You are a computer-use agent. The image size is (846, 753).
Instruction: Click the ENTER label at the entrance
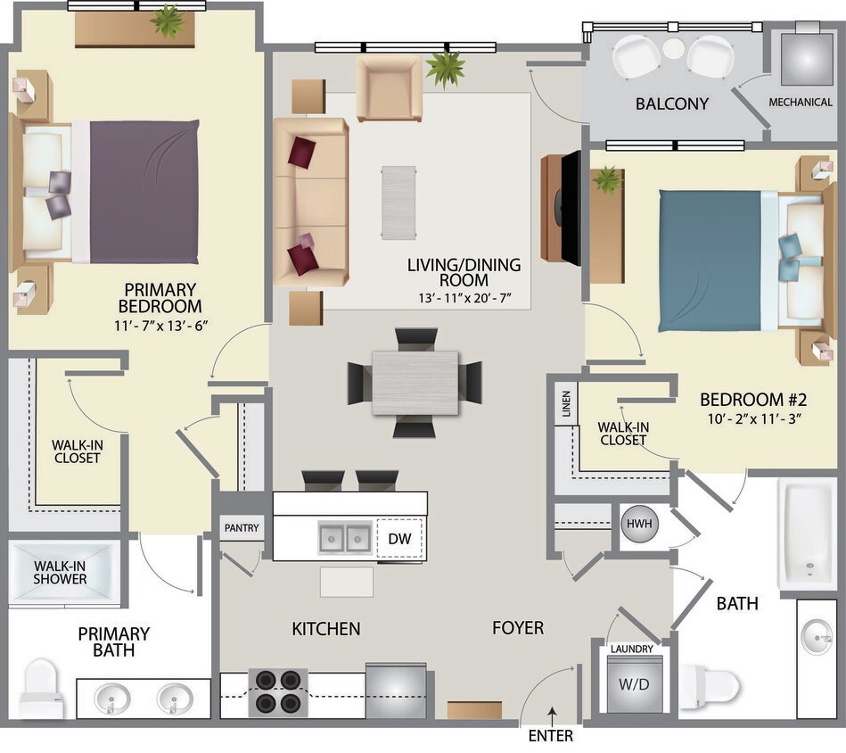click(x=550, y=736)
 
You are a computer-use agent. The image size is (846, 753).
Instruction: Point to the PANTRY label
click(x=242, y=528)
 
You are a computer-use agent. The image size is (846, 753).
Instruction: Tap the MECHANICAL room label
click(x=800, y=103)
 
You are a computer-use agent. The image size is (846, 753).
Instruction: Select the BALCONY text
click(x=671, y=103)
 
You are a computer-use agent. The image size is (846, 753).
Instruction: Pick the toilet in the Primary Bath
click(x=41, y=689)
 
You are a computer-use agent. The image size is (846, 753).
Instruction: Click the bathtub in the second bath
click(x=807, y=534)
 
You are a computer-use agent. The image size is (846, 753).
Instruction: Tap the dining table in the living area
click(x=415, y=383)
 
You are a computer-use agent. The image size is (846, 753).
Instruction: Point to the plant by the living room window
click(x=445, y=68)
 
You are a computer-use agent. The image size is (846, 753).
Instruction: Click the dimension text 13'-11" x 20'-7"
click(x=464, y=297)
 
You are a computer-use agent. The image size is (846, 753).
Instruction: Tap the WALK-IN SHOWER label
click(x=61, y=572)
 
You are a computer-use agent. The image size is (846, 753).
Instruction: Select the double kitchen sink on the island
click(x=345, y=538)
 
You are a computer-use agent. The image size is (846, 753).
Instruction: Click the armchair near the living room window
click(x=389, y=88)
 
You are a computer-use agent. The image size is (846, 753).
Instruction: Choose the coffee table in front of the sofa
click(x=398, y=202)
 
